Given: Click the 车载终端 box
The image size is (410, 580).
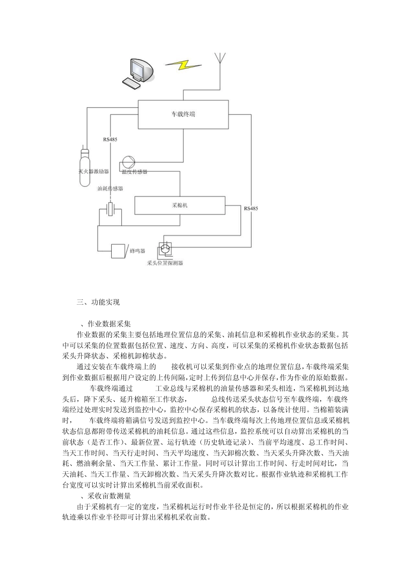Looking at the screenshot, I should (x=183, y=114).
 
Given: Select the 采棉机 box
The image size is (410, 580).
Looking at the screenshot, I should (x=180, y=205).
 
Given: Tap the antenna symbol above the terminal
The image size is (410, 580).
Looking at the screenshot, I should (x=220, y=58).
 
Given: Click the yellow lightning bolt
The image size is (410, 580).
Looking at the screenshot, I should (x=183, y=65).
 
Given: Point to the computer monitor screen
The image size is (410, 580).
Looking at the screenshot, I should (x=139, y=69).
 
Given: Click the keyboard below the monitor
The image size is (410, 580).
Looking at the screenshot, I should (x=132, y=83).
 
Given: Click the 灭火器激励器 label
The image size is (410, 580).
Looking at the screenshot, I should (x=94, y=171).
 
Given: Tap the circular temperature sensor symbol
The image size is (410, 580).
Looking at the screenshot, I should (x=128, y=162).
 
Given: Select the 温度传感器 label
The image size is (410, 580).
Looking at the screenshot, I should (x=134, y=171).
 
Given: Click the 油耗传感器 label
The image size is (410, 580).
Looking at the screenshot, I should (x=110, y=189).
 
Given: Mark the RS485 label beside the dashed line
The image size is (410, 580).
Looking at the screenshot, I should (x=110, y=139).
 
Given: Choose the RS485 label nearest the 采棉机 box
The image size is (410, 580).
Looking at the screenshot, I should (x=251, y=208).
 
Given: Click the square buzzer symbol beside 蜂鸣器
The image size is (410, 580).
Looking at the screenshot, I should (x=118, y=251).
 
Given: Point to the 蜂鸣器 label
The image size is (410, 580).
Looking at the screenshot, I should (x=137, y=251).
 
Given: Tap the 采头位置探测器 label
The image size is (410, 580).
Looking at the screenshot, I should (x=165, y=262).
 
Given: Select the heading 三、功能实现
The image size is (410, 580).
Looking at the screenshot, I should (x=98, y=302).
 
